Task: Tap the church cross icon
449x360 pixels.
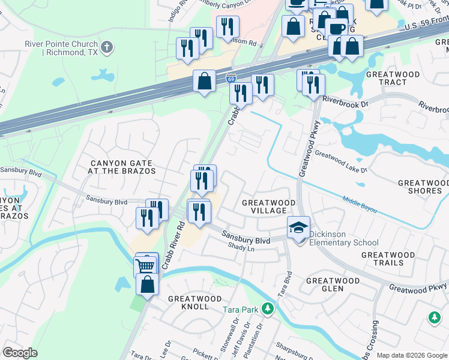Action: (107, 46)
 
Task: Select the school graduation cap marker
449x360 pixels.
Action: (298, 229)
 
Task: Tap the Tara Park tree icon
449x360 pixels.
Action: (268, 310)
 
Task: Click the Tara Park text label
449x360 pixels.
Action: (240, 310)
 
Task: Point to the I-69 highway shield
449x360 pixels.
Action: (231, 79)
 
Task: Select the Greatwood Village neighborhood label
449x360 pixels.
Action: (268, 207)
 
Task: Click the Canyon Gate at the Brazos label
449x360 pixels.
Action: (123, 167)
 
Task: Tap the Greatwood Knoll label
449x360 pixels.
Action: (188, 302)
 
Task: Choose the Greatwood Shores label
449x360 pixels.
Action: (420, 187)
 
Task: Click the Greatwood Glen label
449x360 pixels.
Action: (333, 284)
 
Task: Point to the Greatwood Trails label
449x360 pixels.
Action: (388, 259)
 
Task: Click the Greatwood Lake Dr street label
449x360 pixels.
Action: (340, 162)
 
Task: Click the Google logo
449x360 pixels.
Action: (20, 353)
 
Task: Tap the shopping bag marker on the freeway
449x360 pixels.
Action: (205, 80)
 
